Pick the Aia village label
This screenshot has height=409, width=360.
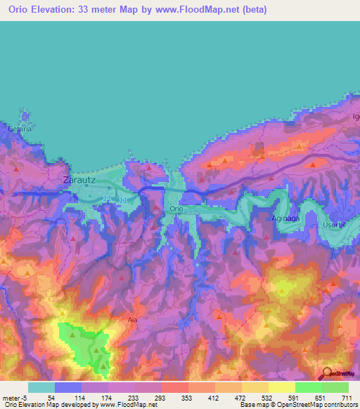click(131, 318)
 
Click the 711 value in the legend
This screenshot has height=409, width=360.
click(345, 398)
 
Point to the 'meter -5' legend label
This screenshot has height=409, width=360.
click(15, 398)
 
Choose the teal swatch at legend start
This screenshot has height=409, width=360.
click(41, 387)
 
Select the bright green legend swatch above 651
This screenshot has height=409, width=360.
click(308, 387)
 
